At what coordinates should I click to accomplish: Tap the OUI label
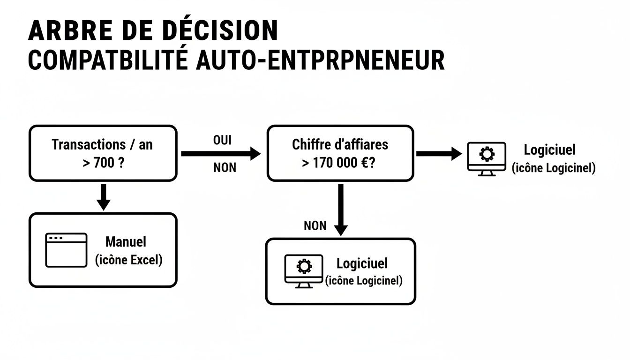223,141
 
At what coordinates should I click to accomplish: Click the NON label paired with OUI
225,167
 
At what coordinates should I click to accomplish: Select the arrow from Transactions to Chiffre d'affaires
220,153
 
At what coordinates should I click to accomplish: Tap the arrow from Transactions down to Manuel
103,196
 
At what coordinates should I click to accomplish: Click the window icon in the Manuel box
66,250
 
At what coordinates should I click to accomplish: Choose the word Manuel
126,242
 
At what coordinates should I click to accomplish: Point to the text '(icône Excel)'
128,260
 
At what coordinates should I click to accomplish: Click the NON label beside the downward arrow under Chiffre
315,225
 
